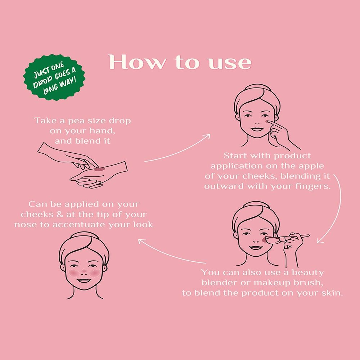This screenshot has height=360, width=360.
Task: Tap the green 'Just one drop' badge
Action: pyautogui.click(x=54, y=77)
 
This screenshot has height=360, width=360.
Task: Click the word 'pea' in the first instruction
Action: pyautogui.click(x=77, y=121)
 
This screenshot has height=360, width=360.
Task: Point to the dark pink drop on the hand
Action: pyautogui.click(x=100, y=170)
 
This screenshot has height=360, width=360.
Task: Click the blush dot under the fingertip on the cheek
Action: pyautogui.click(x=267, y=121)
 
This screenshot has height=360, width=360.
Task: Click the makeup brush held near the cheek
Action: pyautogui.click(x=287, y=238)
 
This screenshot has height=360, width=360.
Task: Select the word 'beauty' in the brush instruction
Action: pyautogui.click(x=307, y=273)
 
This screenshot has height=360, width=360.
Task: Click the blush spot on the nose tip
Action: pyautogui.click(x=84, y=271)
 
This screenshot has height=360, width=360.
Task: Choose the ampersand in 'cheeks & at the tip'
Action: pyautogui.click(x=60, y=215)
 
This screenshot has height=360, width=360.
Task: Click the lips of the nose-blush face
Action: pyautogui.click(x=84, y=280)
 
